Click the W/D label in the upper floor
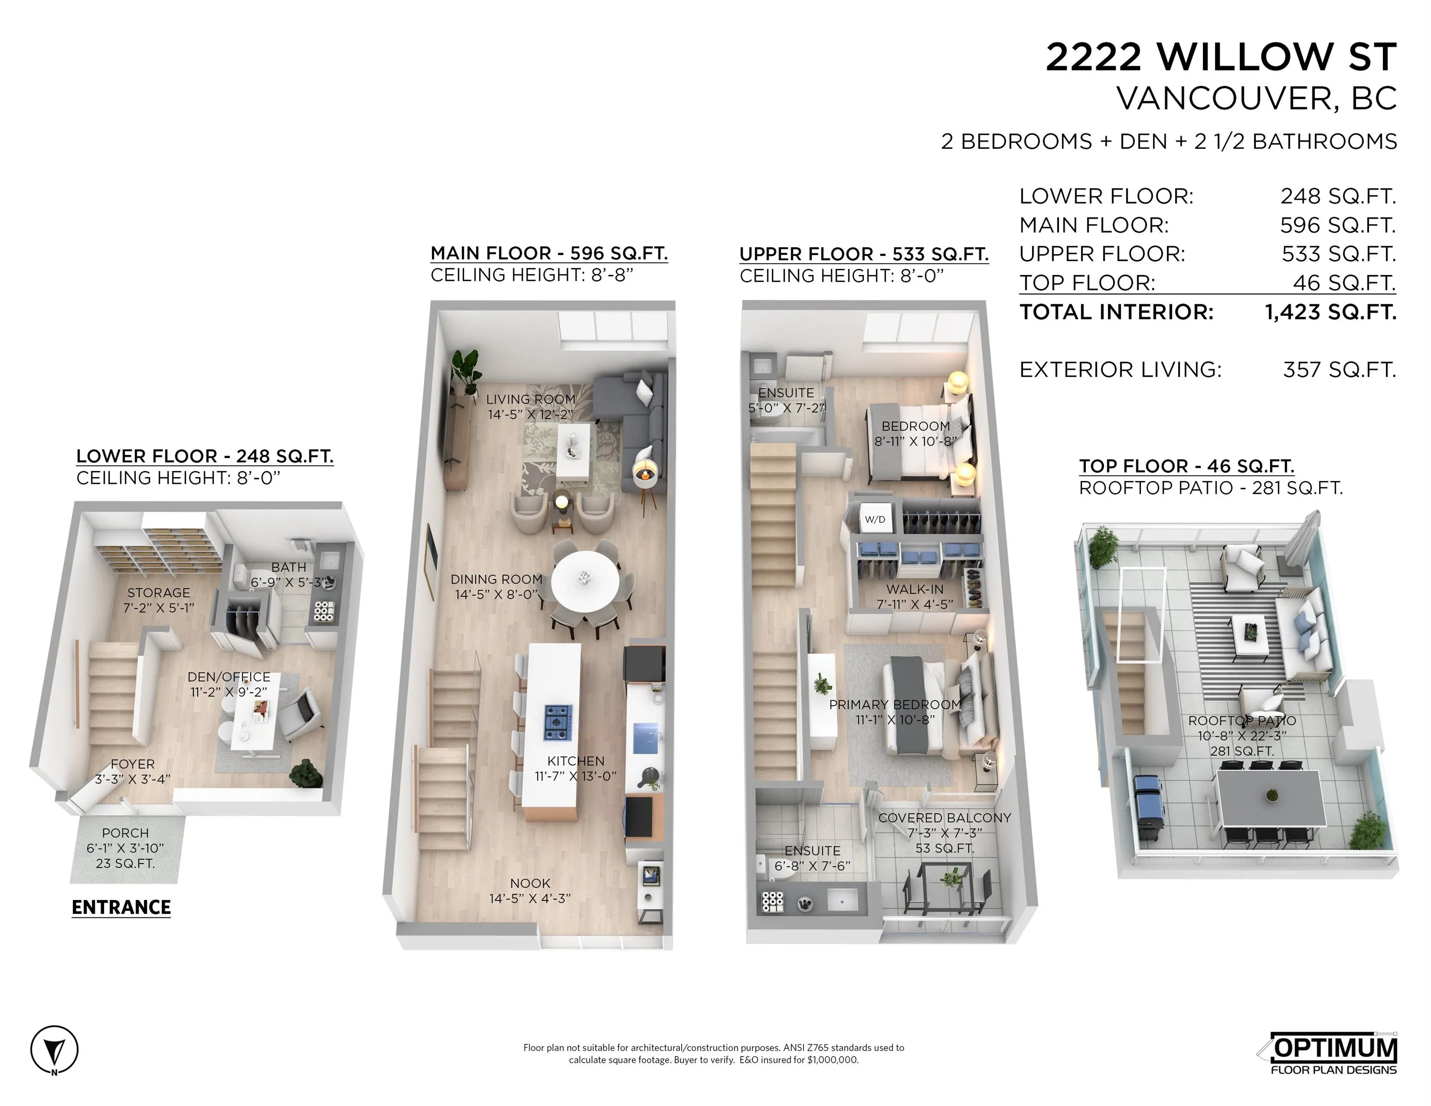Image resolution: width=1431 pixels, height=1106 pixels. click(875, 519)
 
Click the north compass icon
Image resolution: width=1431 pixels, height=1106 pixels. click(54, 1050)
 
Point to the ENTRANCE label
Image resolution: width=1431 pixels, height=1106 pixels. click(121, 907)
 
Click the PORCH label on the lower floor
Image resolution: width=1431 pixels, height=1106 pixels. click(125, 833)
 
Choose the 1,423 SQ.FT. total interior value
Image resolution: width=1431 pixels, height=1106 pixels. click(1330, 312)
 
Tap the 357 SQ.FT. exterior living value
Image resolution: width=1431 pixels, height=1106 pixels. click(1339, 370)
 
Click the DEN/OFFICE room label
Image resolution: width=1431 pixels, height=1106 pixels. click(228, 677)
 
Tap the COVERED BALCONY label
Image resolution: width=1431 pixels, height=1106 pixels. click(944, 817)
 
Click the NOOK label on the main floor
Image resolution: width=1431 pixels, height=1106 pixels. click(530, 883)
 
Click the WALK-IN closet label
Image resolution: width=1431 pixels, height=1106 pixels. click(914, 589)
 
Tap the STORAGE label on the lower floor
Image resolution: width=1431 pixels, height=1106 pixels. click(158, 592)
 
